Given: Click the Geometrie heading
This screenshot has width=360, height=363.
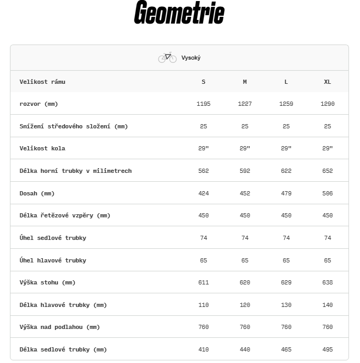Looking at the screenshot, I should coord(179,14).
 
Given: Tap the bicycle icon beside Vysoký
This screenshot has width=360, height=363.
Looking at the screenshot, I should coord(167,58).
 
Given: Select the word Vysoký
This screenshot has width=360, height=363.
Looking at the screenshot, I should coord(191,58).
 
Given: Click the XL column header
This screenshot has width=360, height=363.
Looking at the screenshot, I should coord(328,82).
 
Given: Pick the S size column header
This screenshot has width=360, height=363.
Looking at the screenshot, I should coord(204,82).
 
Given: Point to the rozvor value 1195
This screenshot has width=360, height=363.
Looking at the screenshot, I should coord(204,104).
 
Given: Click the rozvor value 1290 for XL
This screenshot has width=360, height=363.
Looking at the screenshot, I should coord(328,104).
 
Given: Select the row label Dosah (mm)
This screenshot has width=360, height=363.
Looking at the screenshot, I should coord(37,193).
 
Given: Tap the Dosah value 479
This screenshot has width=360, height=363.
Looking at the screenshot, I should coord(286,193).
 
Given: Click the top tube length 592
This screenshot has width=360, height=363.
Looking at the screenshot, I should coord(245,171).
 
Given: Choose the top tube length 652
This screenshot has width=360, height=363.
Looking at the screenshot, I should coord(328,171).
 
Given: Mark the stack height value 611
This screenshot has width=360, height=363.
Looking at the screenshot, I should coord(204,282).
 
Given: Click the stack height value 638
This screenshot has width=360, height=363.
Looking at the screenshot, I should coord(328,282).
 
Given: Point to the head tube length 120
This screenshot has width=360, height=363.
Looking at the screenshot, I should coord(245,305).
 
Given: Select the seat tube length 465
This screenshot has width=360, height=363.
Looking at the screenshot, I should coord(286,349).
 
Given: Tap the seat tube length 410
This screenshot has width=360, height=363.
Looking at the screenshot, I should coord(204,349).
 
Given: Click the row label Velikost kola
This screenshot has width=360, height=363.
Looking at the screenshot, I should coord(42,148).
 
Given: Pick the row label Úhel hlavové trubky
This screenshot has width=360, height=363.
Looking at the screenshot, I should coord(53,260).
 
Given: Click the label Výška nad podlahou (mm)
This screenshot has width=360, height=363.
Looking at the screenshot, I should coord(59,327).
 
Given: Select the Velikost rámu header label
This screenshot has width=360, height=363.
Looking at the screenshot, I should coord(42,82).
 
